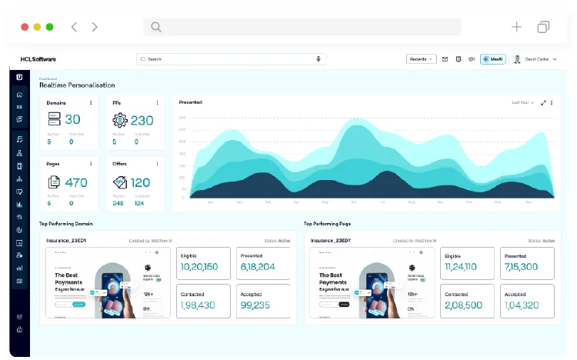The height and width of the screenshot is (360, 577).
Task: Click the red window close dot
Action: point(25,27)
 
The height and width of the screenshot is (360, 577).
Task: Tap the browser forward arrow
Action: point(95,27)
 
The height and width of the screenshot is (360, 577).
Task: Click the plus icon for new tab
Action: point(516,27)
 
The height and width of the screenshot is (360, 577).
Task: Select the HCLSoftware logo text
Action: point(38,59)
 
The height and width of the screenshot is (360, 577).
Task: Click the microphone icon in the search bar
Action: point(319,59)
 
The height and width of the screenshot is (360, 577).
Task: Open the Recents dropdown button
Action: point(421,59)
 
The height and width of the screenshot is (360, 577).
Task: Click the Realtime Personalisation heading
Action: point(77,85)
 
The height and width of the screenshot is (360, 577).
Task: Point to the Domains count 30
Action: point(72,119)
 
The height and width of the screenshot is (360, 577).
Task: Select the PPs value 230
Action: point(142,120)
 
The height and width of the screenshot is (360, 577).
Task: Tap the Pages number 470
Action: point(76,182)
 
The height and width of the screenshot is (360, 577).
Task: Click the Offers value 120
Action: point(140,182)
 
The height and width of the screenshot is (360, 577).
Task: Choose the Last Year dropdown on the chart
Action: point(523,102)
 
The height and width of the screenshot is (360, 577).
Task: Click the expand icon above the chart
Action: point(544,102)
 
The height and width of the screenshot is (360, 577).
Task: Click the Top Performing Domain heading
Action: point(66,224)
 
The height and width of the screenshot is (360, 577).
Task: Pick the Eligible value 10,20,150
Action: point(199,266)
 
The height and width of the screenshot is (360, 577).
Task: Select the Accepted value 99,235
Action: point(255,305)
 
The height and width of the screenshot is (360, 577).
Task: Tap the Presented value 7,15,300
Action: point(521,266)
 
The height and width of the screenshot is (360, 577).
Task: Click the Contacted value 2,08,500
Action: point(464,305)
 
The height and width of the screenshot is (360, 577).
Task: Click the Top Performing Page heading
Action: point(329,224)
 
